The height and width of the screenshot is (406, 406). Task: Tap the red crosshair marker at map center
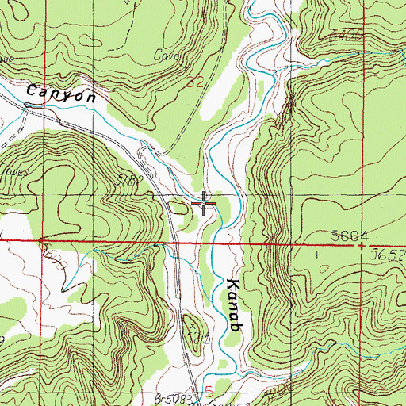pos(203,204)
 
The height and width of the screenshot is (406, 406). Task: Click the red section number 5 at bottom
pos(208,390)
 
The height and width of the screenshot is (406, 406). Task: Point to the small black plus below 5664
pos(319,255)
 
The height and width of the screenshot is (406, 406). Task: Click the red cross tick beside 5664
pos(362,246)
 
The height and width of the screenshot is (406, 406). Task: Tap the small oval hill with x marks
pos(190,324)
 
